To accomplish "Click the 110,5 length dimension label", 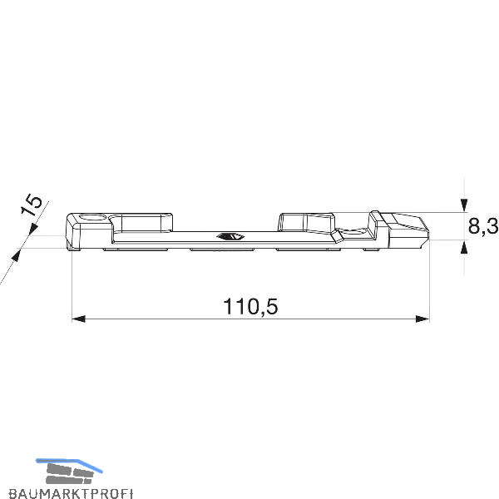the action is click(x=250, y=307).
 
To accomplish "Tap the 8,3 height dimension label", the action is click(x=483, y=226).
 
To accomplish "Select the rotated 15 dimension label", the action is click(x=31, y=205).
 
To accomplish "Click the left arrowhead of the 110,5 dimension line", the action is click(x=79, y=319).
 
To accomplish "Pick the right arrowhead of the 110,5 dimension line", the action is click(x=422, y=319).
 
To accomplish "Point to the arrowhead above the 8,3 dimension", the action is click(x=464, y=205).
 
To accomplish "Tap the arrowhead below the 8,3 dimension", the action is click(x=464, y=248).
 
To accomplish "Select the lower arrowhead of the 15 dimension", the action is click(x=16, y=255).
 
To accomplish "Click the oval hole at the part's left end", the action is click(x=93, y=218).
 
